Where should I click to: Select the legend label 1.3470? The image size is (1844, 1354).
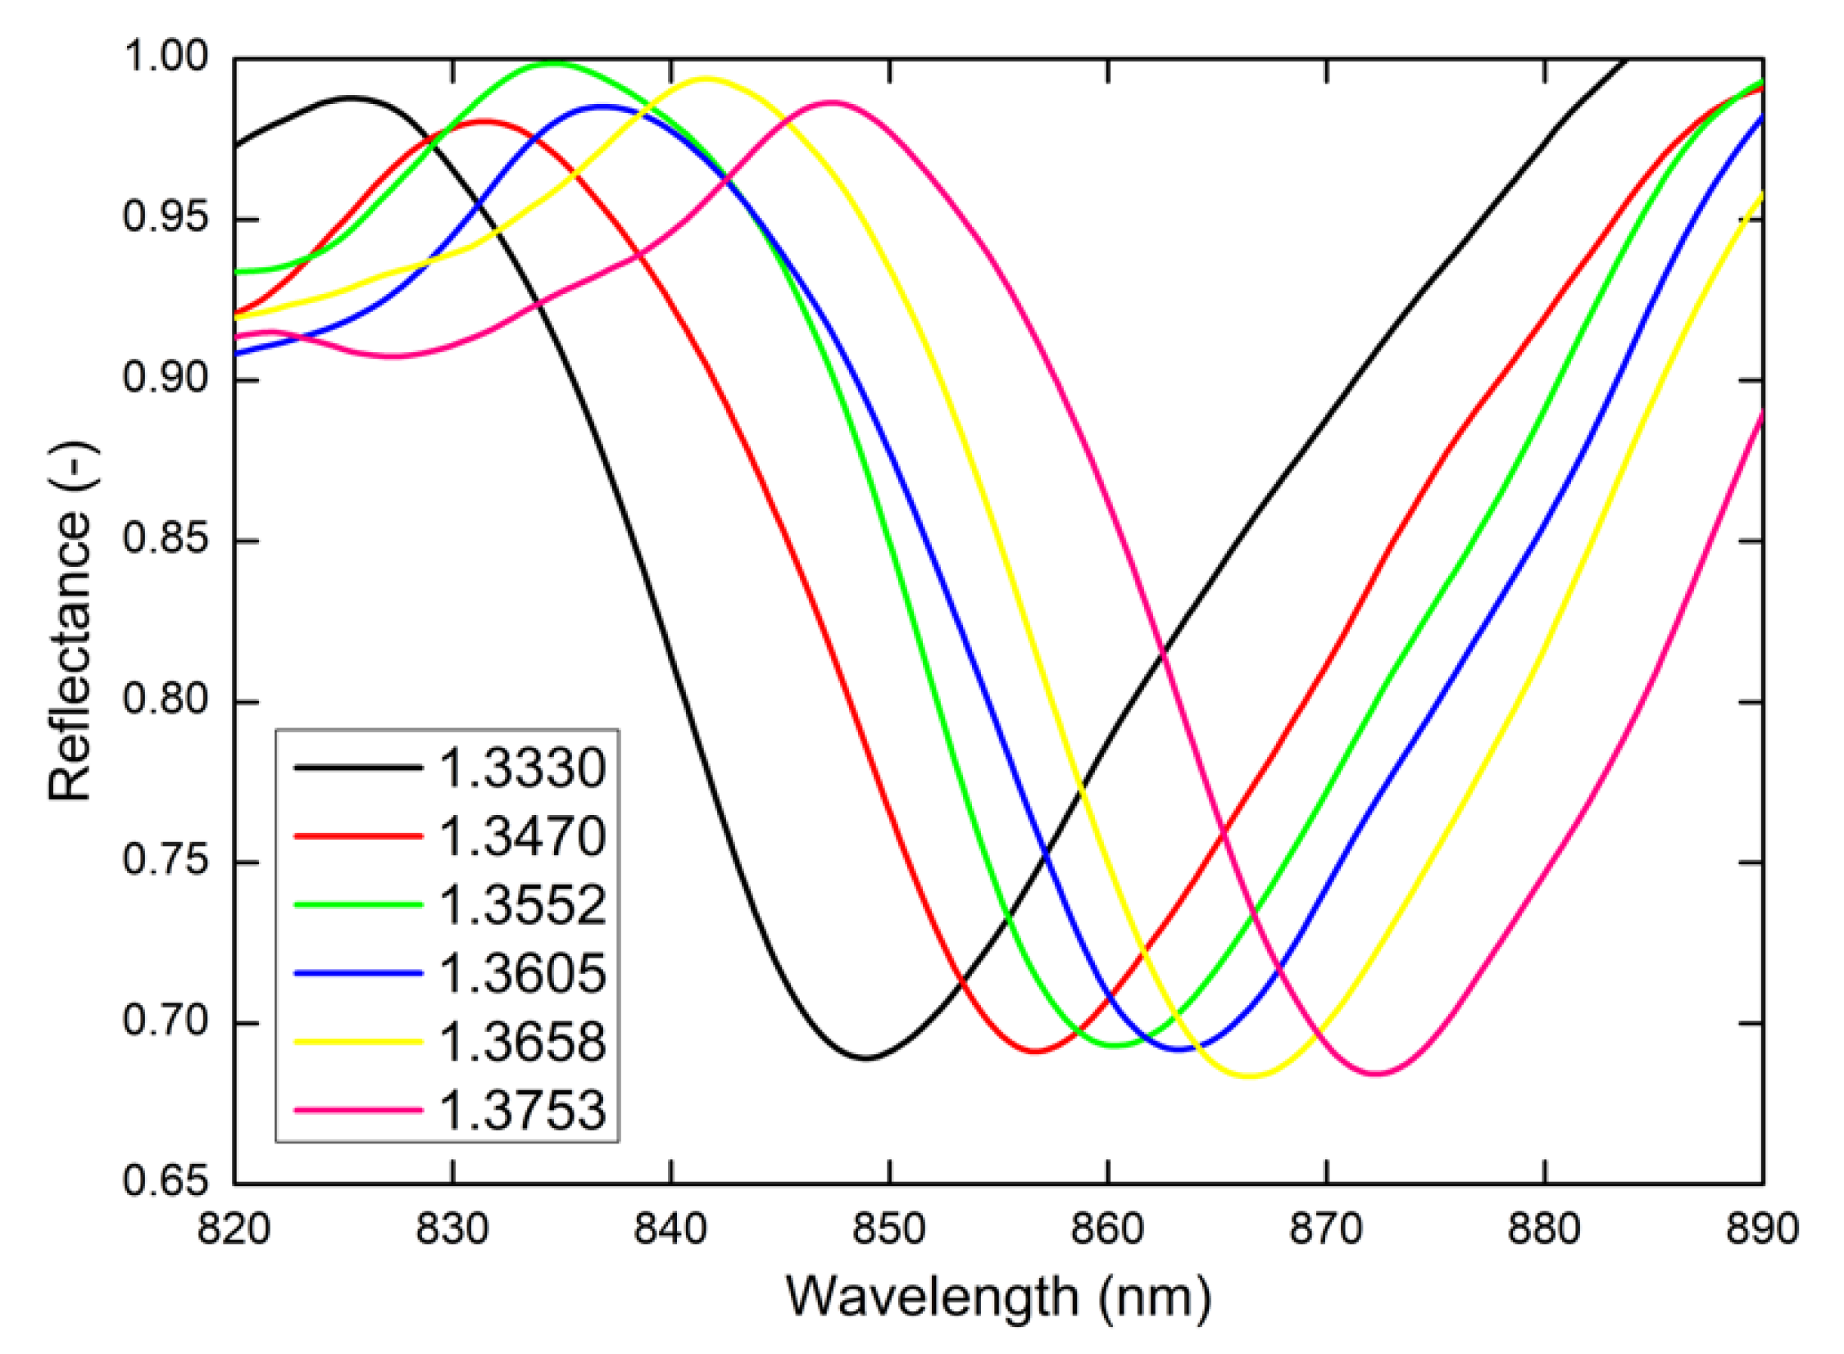[522, 837]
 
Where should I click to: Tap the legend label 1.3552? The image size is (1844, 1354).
[522, 906]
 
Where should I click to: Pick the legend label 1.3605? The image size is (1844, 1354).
[522, 974]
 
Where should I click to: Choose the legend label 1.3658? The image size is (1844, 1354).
[522, 1042]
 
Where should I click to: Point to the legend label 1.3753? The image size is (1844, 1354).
[522, 1111]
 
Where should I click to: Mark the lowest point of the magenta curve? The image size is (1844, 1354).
[1377, 1074]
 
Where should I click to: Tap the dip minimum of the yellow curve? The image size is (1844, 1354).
[1250, 1076]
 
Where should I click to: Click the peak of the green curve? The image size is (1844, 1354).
[554, 63]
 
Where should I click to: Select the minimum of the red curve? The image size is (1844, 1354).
[1038, 1052]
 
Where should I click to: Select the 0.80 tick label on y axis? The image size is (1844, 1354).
[164, 702]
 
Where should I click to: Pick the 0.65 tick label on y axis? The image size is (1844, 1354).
[164, 1182]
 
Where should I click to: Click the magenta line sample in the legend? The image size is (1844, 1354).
[358, 1111]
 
